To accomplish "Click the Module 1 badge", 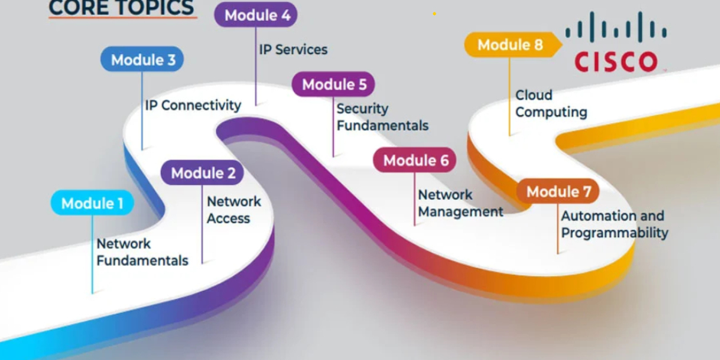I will pos(92,203).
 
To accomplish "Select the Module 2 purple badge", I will pos(203,173).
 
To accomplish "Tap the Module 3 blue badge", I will pos(143,60).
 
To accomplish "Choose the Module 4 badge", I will pos(257,16).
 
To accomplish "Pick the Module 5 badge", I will pos(334,85).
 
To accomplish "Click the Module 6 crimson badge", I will pos(415,160).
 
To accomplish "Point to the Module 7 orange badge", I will pos(558,191).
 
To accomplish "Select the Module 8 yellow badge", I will pos(510,44).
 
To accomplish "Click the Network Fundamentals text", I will pos(142,252).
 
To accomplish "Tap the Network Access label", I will pos(233,210).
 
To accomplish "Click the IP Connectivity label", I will pos(193,106).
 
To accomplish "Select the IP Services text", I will pos(293,49).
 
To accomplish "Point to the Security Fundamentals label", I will pos(382,117).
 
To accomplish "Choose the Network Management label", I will pos(460,203).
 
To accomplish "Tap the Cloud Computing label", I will pos(551,103).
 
